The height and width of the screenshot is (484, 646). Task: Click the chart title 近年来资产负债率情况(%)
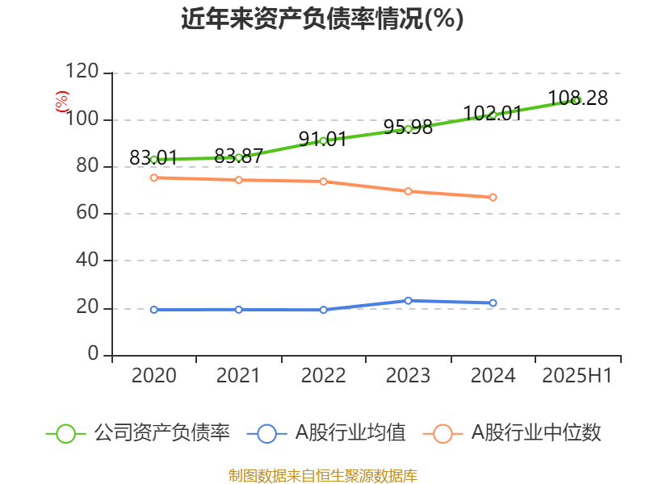[322, 19]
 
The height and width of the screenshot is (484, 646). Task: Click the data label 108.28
[577, 98]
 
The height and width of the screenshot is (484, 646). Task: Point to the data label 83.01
[153, 157]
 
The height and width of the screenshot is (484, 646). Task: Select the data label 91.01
[322, 139]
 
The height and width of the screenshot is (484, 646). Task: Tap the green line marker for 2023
[408, 129]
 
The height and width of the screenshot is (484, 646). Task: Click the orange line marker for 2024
[493, 198]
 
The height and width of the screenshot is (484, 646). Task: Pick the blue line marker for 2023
[408, 301]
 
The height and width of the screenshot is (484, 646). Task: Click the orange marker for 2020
[153, 177]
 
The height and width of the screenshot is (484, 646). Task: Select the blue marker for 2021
[238, 310]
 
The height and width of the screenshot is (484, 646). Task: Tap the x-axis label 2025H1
[577, 376]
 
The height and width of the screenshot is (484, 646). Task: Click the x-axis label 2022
[323, 376]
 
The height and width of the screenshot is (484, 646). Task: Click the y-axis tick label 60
[90, 214]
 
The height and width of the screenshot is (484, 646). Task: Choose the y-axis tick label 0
[94, 355]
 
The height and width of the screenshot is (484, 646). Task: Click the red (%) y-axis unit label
[61, 101]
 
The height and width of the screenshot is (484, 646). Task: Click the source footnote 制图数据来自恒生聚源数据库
[322, 475]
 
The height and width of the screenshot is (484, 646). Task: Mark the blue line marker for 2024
[493, 303]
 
